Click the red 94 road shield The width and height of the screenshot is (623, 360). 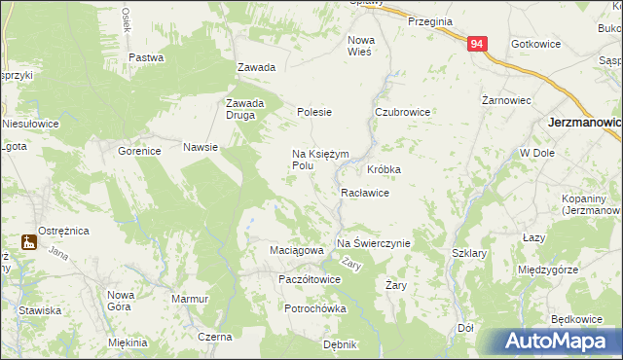(476, 45)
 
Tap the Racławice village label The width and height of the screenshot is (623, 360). (365, 193)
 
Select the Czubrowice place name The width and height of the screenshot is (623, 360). (403, 112)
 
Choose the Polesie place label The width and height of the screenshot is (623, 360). (314, 112)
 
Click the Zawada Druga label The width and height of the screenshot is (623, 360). (245, 109)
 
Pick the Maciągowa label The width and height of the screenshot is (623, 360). (296, 251)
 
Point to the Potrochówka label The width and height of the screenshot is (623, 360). (315, 308)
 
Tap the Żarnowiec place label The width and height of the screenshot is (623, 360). (506, 99)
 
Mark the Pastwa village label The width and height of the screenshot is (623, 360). (145, 57)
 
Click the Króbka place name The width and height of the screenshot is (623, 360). (385, 169)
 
